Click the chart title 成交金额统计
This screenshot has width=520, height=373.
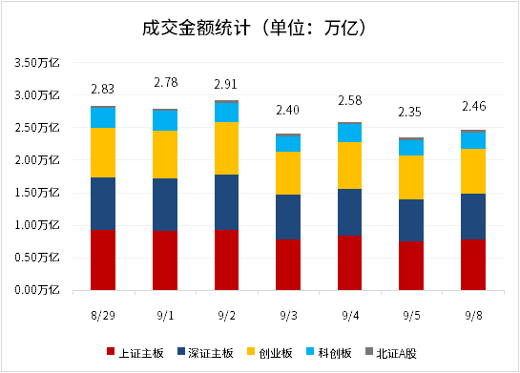coord(196,28)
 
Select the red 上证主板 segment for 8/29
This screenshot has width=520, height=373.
coord(103,259)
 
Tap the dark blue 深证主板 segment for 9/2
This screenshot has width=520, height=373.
coord(226,202)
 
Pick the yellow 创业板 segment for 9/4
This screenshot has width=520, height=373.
coord(349,165)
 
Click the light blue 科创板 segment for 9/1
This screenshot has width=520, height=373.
coord(165,120)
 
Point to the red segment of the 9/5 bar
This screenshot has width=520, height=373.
coord(411,266)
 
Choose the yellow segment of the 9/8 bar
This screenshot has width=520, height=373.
coord(473,171)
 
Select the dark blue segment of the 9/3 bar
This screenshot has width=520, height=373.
coord(288,217)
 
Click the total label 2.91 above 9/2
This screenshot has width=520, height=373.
coord(225,84)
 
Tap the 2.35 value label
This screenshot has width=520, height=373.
coord(410,112)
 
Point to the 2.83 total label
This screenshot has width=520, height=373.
coord(102,89)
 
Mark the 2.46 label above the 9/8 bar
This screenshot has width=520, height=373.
coord(474,106)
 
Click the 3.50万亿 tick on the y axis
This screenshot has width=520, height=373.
coord(37,63)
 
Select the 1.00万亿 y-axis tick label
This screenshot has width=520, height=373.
coord(37,225)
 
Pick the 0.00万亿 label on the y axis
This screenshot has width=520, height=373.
coord(37,290)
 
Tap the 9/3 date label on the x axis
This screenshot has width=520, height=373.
coord(288,316)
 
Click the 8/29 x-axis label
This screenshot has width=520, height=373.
coord(103,316)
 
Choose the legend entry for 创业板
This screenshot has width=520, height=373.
coord(270,353)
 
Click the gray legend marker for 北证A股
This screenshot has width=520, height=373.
coord(369,351)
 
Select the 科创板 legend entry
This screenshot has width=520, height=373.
coord(328,353)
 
